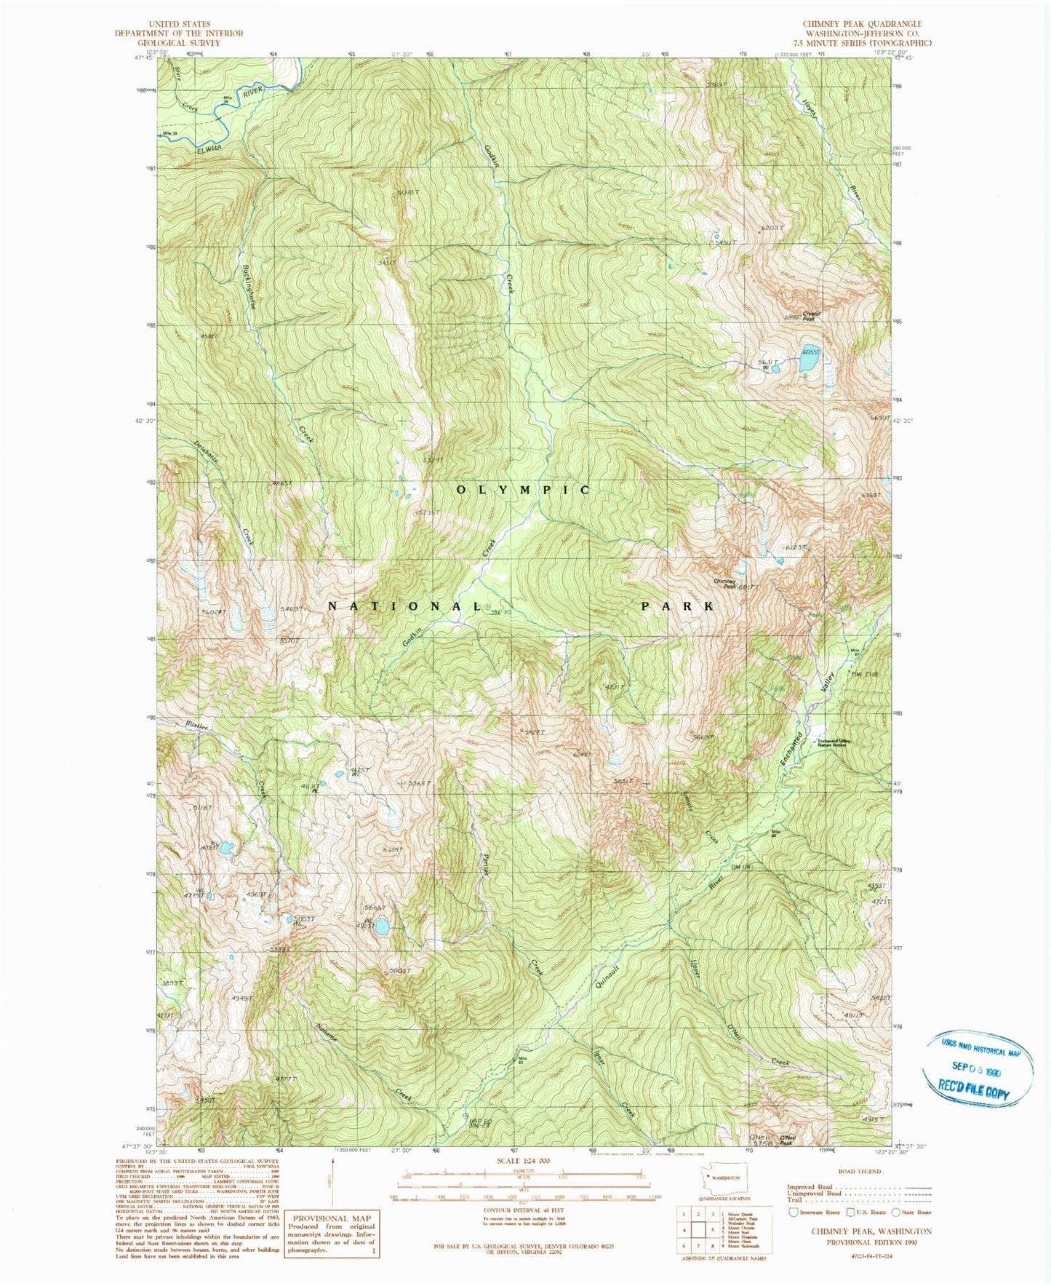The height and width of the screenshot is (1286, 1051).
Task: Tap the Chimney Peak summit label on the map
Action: [x=724, y=583]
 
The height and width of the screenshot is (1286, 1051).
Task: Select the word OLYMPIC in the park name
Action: [x=523, y=491]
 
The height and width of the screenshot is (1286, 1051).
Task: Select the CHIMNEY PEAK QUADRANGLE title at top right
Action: [x=862, y=24]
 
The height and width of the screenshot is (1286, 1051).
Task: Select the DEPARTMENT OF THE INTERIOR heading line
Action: [x=178, y=33]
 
